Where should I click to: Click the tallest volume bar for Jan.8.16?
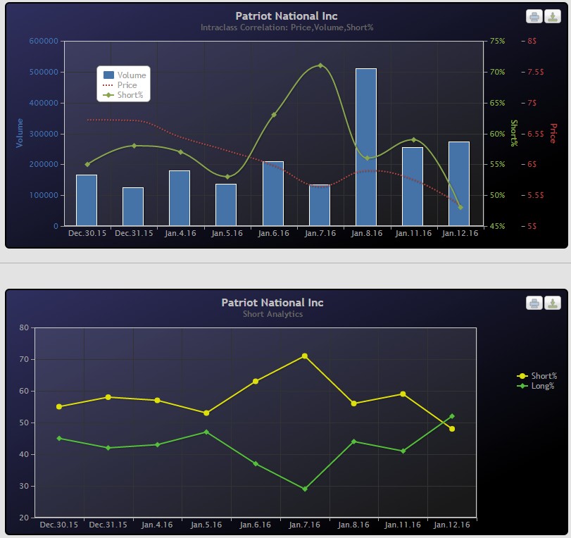coord(365,147)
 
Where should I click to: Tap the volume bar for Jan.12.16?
coord(458,184)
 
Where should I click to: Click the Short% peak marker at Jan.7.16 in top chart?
coord(320,65)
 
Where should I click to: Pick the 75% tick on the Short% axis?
coord(497,41)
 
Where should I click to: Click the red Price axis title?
coord(553,133)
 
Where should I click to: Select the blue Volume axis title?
coord(20,133)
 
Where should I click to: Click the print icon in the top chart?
coord(534,17)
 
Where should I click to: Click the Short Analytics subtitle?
coord(272,314)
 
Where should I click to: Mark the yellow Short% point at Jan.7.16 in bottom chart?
coord(305,356)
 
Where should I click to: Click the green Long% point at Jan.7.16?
coord(305,489)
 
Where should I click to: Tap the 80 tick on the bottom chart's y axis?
coord(24,327)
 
